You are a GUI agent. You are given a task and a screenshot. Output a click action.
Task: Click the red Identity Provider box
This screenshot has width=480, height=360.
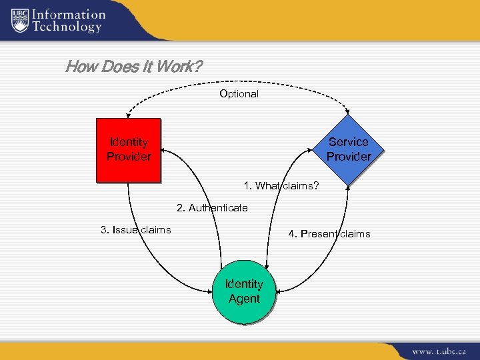point(128,150)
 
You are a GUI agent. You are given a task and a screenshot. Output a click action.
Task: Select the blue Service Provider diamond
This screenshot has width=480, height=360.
point(348,149)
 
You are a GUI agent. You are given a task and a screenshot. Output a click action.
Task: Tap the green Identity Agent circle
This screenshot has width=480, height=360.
point(244,291)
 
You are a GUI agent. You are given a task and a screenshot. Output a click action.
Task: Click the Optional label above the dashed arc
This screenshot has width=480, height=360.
point(239,94)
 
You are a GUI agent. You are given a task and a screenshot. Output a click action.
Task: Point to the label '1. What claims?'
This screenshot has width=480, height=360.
point(281,186)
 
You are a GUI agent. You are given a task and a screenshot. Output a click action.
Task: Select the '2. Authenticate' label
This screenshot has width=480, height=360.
point(212,208)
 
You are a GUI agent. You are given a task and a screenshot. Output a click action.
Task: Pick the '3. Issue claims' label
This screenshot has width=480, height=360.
point(135,230)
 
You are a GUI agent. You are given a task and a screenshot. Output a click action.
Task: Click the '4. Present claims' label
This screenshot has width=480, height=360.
point(329,234)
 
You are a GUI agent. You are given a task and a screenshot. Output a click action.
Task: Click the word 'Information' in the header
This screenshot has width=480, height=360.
point(69,14)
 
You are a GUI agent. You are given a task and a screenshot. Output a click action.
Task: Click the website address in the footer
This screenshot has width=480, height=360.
point(438,351)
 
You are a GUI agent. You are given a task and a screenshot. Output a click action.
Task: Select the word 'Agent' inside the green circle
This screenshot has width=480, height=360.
point(244,299)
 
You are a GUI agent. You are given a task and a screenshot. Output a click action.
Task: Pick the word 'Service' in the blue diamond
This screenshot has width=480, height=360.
point(348,142)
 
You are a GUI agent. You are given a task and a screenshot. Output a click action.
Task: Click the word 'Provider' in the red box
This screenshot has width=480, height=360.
point(129,157)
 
